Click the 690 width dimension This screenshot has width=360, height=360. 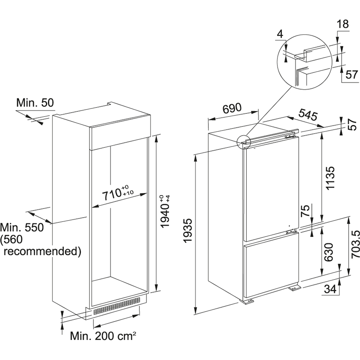232,108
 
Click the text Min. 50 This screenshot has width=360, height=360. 35,103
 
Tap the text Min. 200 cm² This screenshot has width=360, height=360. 103,336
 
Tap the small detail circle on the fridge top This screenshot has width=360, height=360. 243,142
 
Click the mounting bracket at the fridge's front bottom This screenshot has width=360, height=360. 247,301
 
